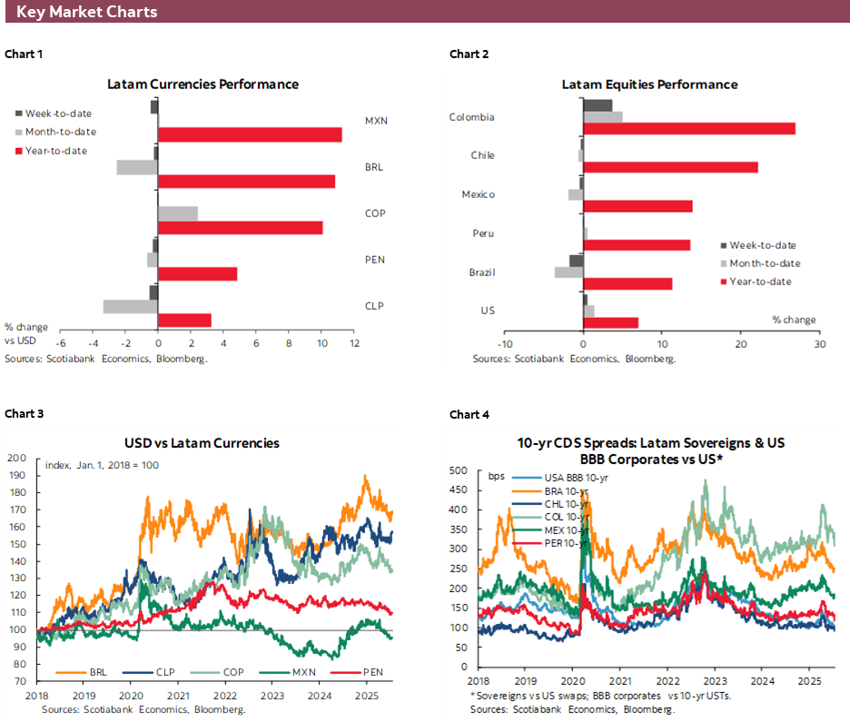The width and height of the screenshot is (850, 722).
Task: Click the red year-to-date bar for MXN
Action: (x=250, y=134)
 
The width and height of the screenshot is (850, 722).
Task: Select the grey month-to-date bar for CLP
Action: (x=130, y=306)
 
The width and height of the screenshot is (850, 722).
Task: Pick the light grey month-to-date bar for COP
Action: (x=177, y=213)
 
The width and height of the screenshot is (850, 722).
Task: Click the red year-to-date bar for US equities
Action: (x=610, y=322)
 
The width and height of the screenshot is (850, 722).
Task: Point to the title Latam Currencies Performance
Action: (x=203, y=84)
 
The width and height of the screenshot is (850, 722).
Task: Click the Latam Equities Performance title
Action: (x=649, y=84)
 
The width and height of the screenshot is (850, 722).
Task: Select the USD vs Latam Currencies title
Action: (x=202, y=443)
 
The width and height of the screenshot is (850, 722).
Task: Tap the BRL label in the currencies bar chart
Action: (x=374, y=167)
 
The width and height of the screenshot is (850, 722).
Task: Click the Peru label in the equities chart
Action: (x=483, y=233)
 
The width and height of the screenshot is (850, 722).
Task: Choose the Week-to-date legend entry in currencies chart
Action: (x=58, y=114)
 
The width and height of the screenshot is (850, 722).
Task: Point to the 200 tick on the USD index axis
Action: (x=16, y=458)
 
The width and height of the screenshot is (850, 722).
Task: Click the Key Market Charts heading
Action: (x=86, y=12)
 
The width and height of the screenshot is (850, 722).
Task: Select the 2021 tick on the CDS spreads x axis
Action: (x=620, y=679)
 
